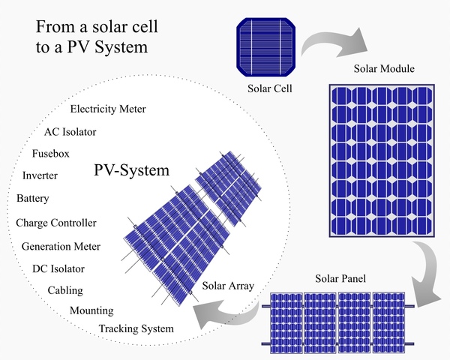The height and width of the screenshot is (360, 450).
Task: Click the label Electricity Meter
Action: pyautogui.click(x=108, y=109)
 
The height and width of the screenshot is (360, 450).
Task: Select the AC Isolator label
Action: pyautogui.click(x=70, y=132)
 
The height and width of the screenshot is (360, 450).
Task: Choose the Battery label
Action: pyautogui.click(x=32, y=199)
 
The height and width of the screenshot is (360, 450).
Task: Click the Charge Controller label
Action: pyautogui.click(x=56, y=223)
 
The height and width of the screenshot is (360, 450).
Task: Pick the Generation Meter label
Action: pyautogui.click(x=61, y=246)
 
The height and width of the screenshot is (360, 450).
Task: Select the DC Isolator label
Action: pyautogui.click(x=58, y=268)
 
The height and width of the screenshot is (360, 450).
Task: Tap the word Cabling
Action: pyautogui.click(x=65, y=289)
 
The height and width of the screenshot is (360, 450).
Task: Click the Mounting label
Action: pyautogui.click(x=91, y=310)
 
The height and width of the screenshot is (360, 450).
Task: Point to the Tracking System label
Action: pyautogui.click(x=136, y=328)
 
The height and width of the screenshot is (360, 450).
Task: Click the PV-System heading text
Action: pyautogui.click(x=132, y=170)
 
